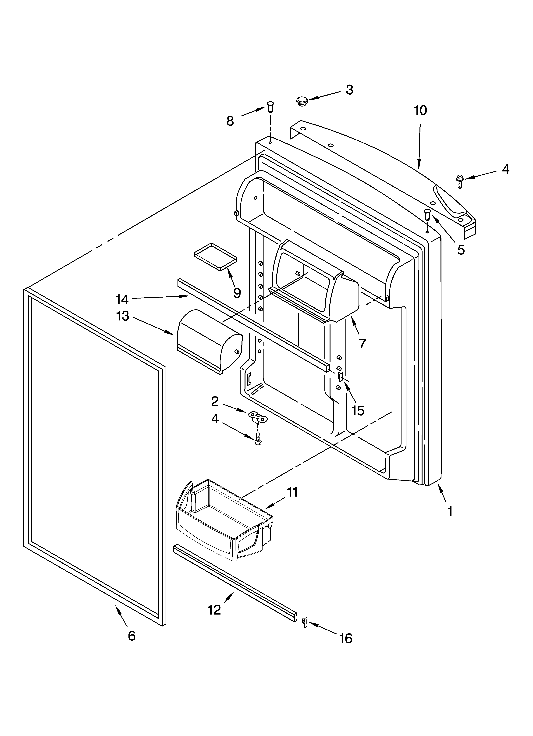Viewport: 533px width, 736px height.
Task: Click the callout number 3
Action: pyautogui.click(x=349, y=90)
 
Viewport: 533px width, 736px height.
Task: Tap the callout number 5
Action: pyautogui.click(x=461, y=249)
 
